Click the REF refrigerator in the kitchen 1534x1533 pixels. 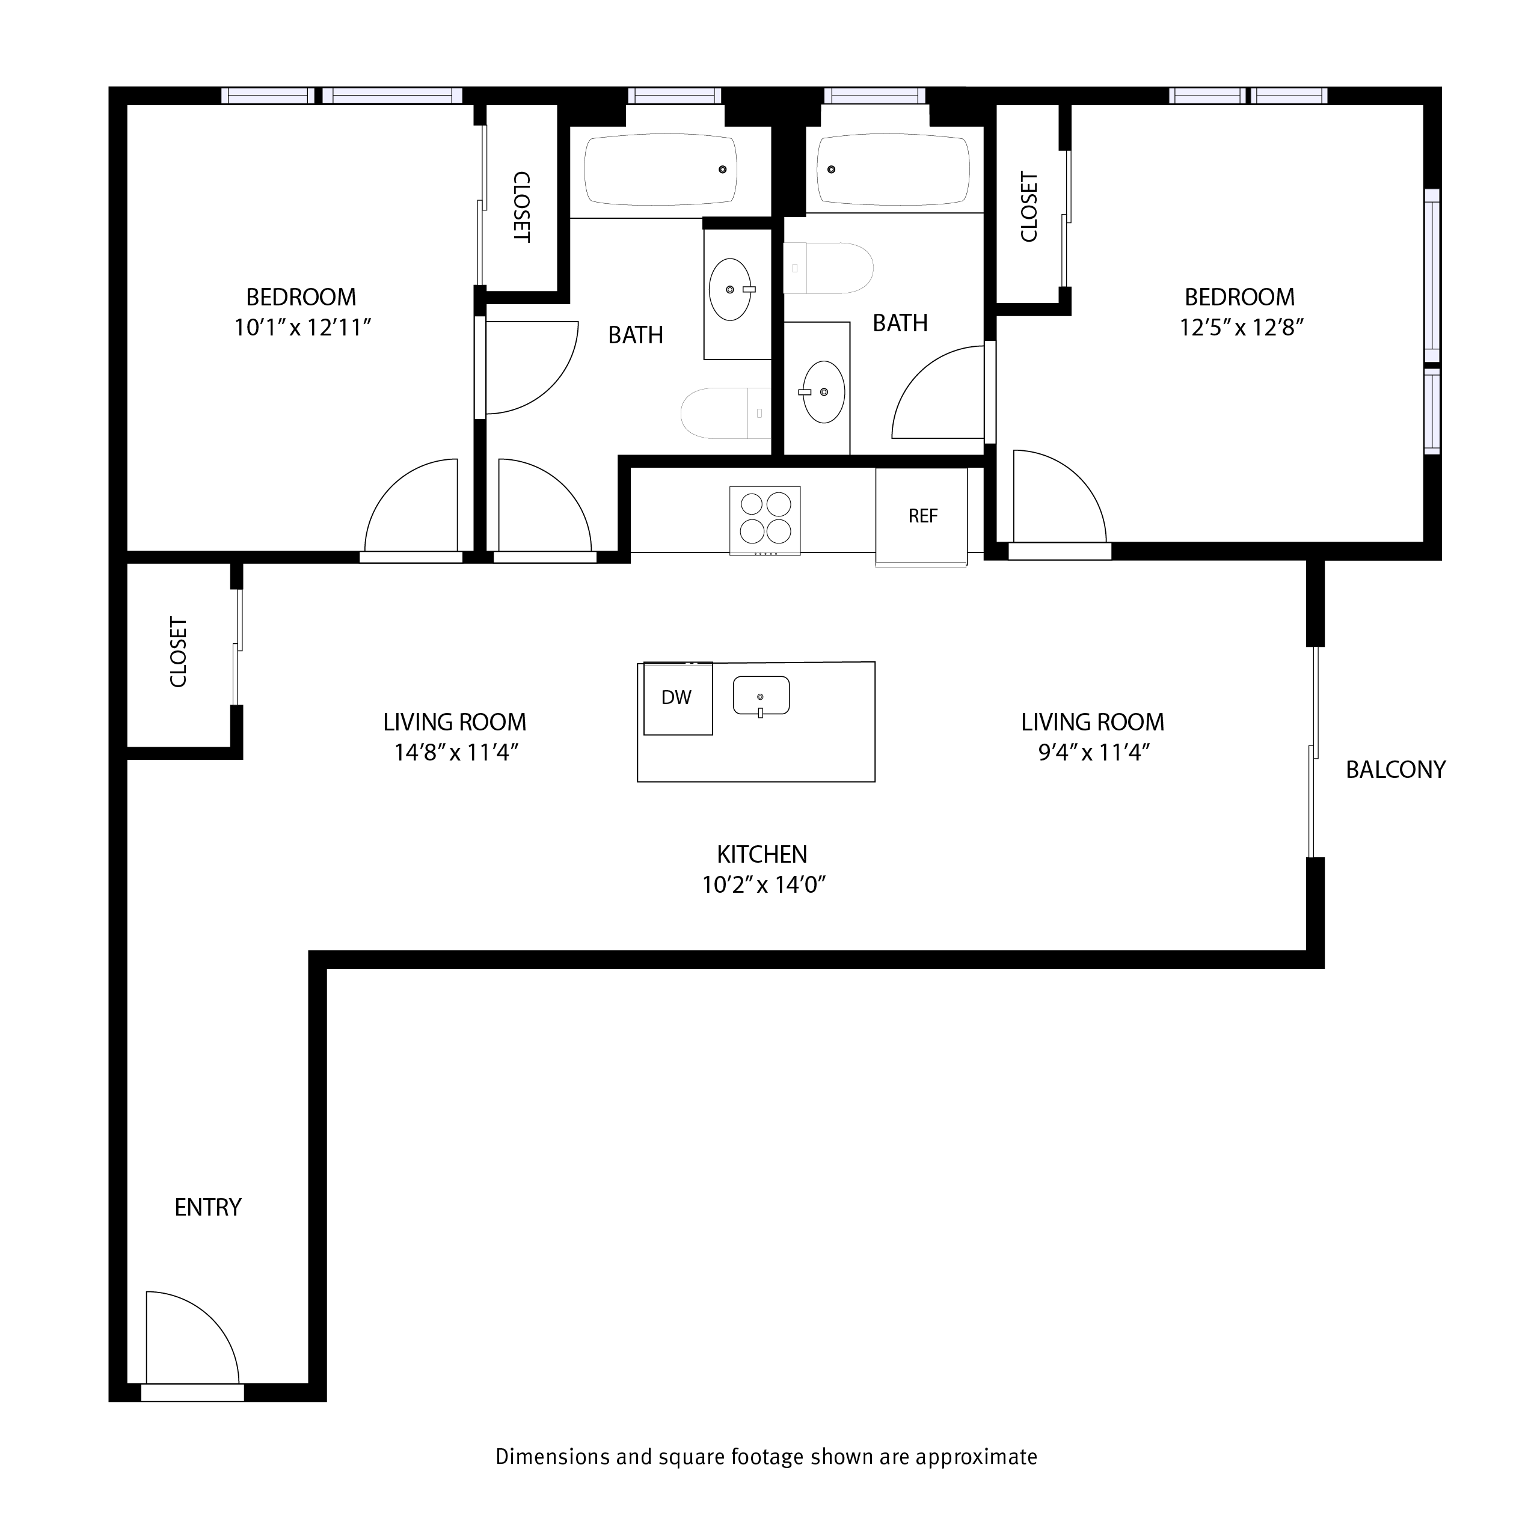point(921,517)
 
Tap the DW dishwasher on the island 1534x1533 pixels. point(677,698)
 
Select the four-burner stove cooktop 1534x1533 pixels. point(765,520)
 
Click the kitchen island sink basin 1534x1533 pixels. point(761,696)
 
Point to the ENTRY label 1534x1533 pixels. point(208,1208)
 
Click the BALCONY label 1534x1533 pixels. point(1395,770)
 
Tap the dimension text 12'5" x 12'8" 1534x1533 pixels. point(1241,327)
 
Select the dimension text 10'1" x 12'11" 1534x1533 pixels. point(302,327)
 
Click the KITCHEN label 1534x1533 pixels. point(761,854)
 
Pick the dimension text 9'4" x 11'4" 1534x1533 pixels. point(1094,752)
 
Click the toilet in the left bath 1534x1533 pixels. point(725,414)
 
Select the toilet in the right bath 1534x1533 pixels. point(827,268)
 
